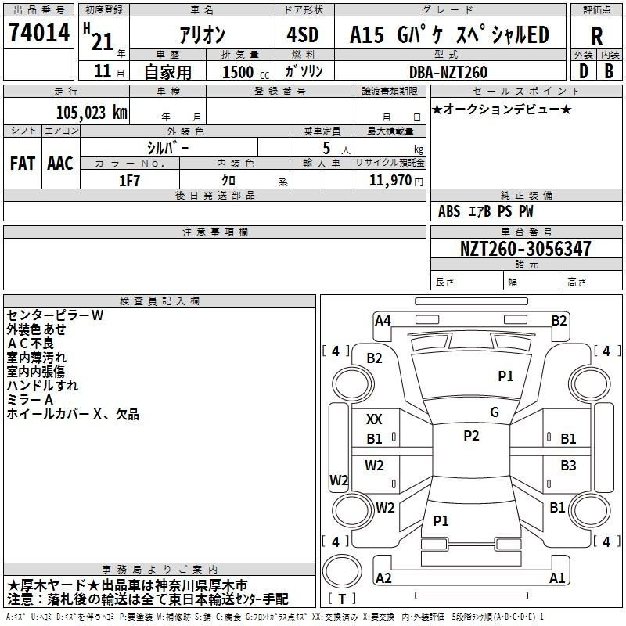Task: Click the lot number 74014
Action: click(39, 33)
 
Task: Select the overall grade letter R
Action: click(596, 36)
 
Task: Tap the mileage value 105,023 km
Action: click(92, 113)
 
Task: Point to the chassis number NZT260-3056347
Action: click(525, 249)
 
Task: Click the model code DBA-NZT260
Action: click(448, 72)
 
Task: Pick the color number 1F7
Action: click(129, 181)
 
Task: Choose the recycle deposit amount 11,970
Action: click(390, 181)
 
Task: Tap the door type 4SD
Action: click(303, 34)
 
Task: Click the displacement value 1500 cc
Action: click(246, 72)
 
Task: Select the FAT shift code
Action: click(23, 164)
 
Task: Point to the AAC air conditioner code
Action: click(60, 164)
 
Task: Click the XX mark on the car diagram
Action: click(374, 419)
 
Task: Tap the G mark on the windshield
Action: click(495, 412)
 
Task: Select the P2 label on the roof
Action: click(471, 436)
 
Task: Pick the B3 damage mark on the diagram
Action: click(568, 465)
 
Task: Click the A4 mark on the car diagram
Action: click(383, 321)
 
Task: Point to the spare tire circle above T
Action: click(342, 571)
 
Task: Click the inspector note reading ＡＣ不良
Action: click(31, 344)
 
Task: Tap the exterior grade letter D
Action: click(584, 71)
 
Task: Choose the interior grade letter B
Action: click(610, 71)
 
